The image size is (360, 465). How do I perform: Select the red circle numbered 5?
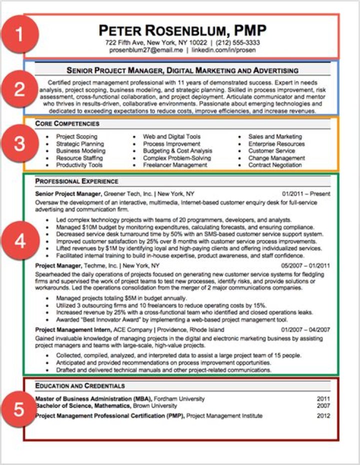[18, 409]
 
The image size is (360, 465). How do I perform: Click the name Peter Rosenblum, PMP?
[182, 30]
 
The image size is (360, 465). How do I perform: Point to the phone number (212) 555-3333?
[237, 43]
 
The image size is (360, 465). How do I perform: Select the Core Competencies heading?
[67, 123]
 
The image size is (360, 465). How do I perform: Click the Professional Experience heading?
[76, 181]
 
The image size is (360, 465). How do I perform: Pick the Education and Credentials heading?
[80, 386]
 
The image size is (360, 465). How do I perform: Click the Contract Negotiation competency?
[275, 165]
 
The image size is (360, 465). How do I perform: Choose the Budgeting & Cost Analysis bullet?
[177, 151]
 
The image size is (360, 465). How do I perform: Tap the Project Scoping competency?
[76, 136]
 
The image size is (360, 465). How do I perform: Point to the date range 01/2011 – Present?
[306, 193]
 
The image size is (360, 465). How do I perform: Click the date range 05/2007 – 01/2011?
[305, 265]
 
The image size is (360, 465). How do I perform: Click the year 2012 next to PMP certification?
[323, 416]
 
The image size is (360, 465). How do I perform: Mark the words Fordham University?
[179, 399]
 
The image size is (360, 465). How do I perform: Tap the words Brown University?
[154, 406]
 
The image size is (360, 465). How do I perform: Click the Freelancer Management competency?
[175, 165]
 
